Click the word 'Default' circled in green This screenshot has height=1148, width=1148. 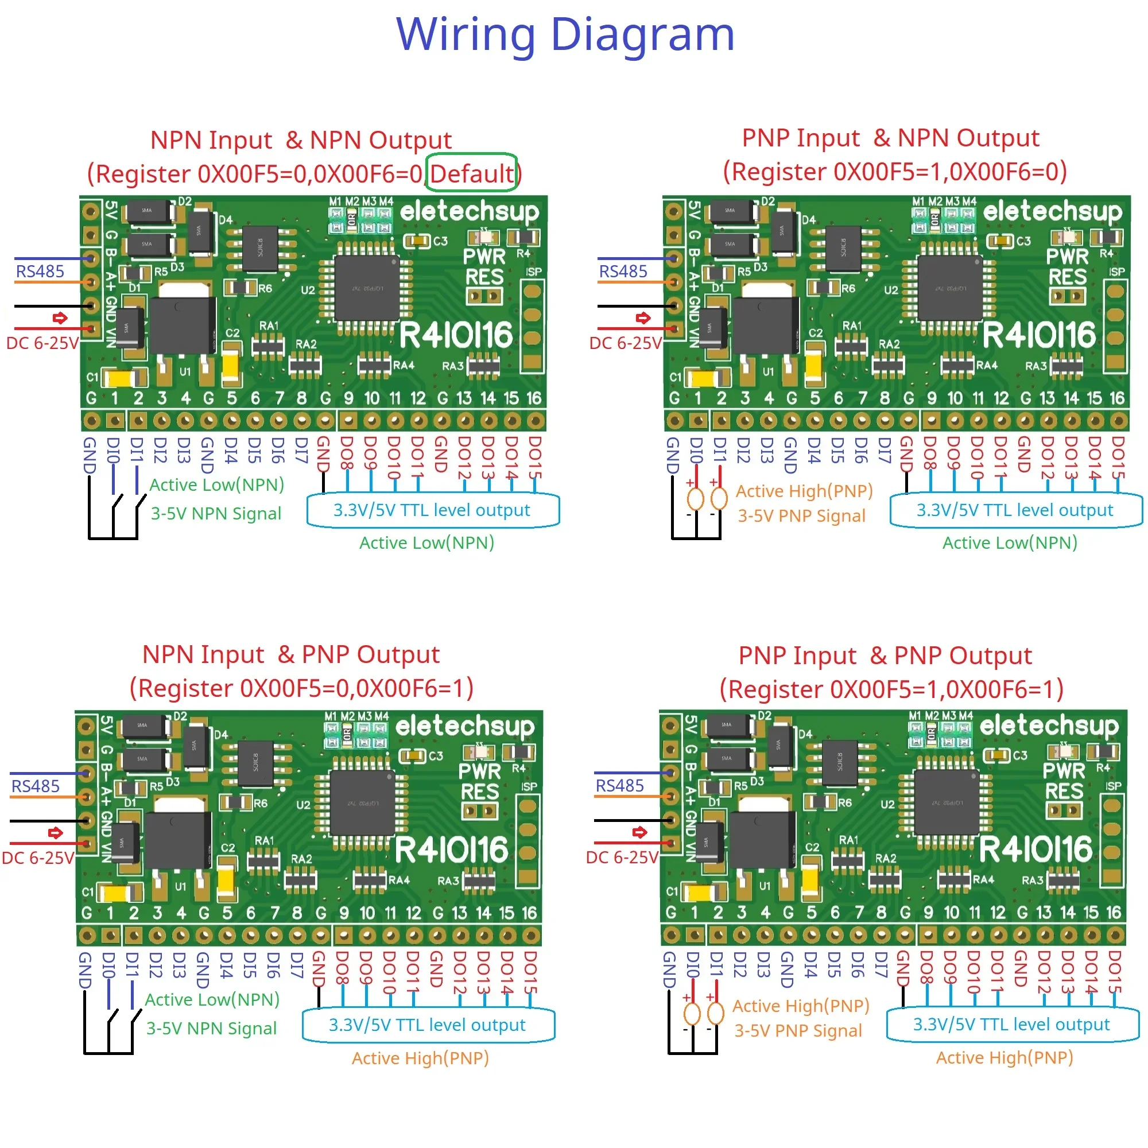[471, 173]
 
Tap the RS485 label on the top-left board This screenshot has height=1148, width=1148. [40, 272]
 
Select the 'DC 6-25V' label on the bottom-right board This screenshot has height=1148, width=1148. [622, 858]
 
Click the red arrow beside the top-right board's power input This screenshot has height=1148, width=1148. [643, 318]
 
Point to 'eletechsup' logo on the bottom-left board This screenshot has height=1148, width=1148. [465, 726]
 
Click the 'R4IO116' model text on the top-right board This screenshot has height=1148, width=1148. [1039, 335]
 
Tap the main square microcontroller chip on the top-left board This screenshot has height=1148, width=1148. [366, 288]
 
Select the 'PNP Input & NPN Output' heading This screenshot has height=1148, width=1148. [890, 138]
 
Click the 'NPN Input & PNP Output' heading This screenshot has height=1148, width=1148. [290, 654]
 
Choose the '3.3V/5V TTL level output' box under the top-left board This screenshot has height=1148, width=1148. [432, 510]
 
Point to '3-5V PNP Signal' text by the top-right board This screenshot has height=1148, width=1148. [801, 516]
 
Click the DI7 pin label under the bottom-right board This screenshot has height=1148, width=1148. [881, 964]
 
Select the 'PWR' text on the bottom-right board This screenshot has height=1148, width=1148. [1064, 771]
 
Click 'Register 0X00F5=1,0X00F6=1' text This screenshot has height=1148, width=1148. [891, 689]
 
